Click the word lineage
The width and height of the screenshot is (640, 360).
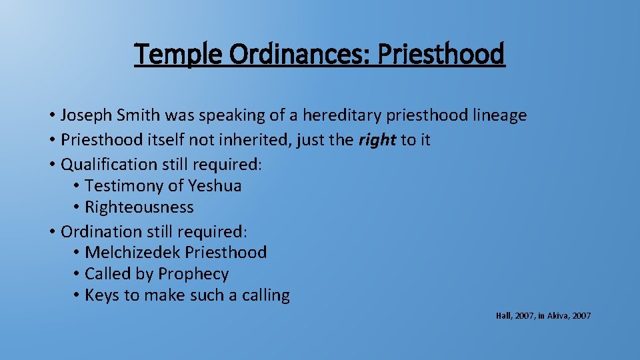500,115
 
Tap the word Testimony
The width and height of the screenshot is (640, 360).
126,185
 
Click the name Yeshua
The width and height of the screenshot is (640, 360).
215,185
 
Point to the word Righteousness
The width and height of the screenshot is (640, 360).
139,207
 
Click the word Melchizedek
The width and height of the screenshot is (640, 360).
133,253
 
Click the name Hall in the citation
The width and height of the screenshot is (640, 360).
503,316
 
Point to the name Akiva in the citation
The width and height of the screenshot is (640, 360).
557,316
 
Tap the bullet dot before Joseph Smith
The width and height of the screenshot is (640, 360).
51,115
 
